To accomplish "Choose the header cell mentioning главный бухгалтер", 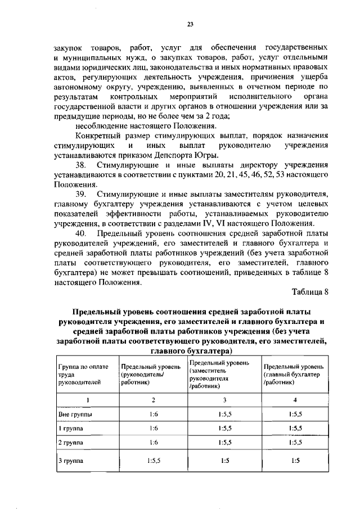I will (x=293, y=374).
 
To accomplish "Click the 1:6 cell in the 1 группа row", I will (x=153, y=428).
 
